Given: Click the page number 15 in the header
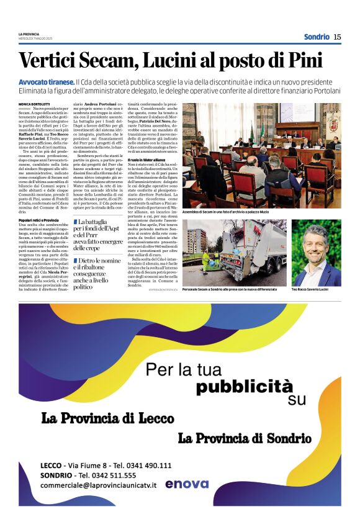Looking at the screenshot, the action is pos(337,37).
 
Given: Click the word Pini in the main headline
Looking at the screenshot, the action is pos(304,61).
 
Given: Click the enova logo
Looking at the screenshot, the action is pos(187,484).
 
